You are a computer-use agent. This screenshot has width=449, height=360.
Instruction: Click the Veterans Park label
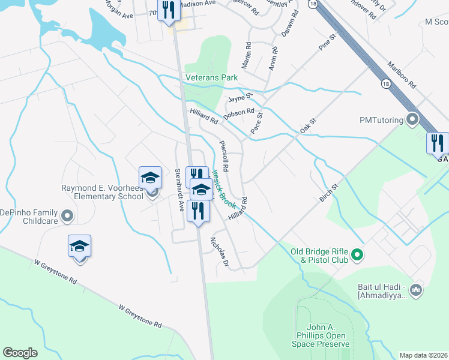pyautogui.click(x=211, y=77)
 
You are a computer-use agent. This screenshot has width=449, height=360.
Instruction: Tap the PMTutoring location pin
pyautogui.click(x=412, y=119)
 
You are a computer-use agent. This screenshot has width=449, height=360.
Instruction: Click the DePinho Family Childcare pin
pyautogui.click(x=67, y=215)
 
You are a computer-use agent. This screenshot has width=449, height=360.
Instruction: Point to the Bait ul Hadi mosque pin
pyautogui.click(x=415, y=290)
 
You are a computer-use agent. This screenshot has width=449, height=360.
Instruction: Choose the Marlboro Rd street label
pyautogui.click(x=402, y=75)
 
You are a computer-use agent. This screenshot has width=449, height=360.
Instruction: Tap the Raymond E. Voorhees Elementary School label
pyautogui.click(x=103, y=192)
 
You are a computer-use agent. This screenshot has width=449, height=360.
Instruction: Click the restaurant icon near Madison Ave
pyautogui.click(x=169, y=10)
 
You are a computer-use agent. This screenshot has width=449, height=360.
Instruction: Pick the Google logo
pyautogui.click(x=20, y=353)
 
